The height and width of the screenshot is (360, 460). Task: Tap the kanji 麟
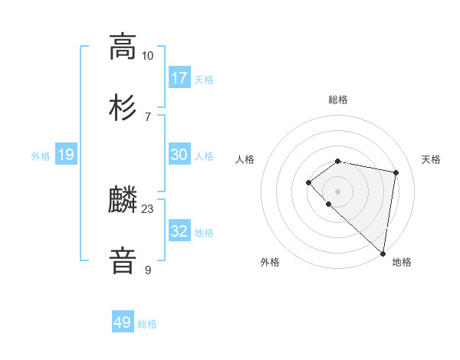123,201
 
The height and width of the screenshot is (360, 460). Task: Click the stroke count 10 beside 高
147,56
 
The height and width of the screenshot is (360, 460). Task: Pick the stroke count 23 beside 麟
147,209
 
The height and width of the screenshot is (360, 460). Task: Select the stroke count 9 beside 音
147,270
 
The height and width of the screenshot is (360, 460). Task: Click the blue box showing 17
179,78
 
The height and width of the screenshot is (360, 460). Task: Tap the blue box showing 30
179,155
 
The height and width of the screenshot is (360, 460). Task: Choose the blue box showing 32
179,231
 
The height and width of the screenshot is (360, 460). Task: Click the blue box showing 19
65,155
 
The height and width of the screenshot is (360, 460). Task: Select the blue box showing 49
122,322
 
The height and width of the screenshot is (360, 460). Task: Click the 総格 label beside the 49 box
147,324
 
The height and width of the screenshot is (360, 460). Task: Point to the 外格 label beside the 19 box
41,156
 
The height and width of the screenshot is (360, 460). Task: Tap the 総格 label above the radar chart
338,100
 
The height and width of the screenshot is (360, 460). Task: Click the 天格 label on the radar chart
431,159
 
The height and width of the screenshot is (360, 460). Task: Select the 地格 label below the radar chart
402,262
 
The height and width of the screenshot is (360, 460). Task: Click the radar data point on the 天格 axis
396,172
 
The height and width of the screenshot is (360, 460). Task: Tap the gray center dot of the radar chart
338,191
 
